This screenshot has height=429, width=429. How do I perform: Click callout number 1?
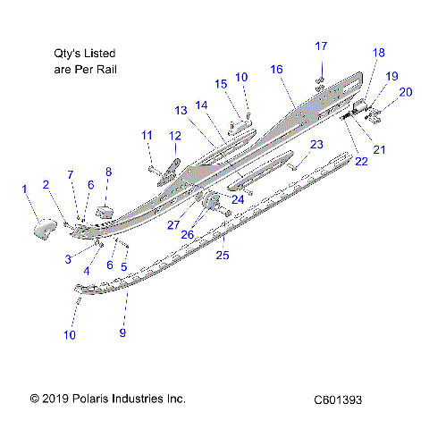click(x=24, y=189)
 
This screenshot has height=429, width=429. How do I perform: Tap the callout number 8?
click(x=108, y=172)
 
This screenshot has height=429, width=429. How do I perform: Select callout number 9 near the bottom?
click(x=123, y=333)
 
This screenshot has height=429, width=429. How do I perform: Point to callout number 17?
click(x=321, y=46)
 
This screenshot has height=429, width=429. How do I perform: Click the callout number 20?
click(x=406, y=92)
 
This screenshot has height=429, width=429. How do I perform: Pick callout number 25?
click(x=223, y=256)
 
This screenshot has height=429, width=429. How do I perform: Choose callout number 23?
click(x=316, y=145)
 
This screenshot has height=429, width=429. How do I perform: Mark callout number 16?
click(x=276, y=70)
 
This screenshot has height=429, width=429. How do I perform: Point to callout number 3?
click(x=67, y=258)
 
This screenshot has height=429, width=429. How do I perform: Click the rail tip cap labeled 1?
click(x=44, y=230)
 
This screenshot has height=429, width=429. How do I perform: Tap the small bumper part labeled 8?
click(x=106, y=212)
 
